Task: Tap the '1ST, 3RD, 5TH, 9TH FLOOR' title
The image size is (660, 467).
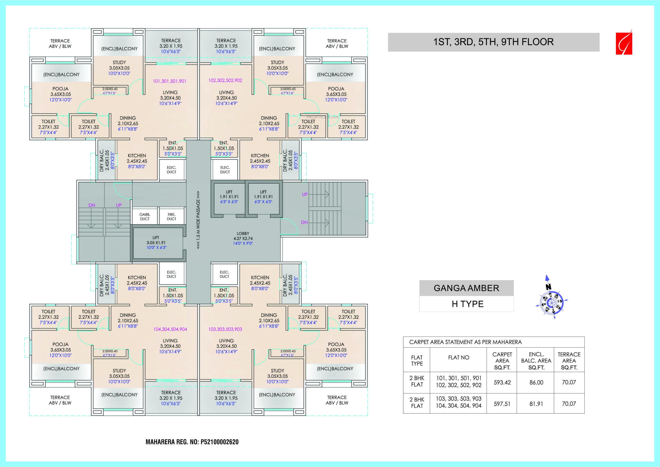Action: (x=493, y=42)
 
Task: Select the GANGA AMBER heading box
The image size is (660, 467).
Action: (x=466, y=288)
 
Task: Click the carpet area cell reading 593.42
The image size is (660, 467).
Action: (x=502, y=383)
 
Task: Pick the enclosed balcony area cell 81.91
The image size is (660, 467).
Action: (x=536, y=404)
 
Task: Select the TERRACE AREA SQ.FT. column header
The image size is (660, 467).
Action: (x=569, y=361)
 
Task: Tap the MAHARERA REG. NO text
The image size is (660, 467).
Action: (x=192, y=442)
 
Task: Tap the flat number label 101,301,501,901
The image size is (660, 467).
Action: (x=170, y=81)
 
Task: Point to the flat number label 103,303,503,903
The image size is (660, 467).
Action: (x=225, y=329)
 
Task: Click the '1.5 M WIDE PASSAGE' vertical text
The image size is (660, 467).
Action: (x=198, y=220)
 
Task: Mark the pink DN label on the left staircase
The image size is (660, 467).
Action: (x=92, y=205)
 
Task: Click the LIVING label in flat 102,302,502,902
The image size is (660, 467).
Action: (x=227, y=92)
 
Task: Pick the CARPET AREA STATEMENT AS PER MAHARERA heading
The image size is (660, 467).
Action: (x=465, y=342)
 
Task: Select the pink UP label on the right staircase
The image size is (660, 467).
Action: (x=305, y=194)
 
